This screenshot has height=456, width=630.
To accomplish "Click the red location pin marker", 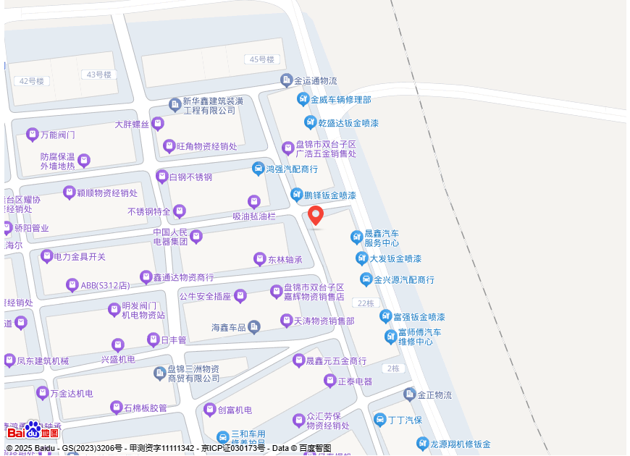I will [x=316, y=215].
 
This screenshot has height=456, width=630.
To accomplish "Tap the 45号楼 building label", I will [x=261, y=59].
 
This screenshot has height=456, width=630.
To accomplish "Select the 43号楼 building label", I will [x=98, y=75].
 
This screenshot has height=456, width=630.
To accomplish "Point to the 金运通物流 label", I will [x=315, y=80].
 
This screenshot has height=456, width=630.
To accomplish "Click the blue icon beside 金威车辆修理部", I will [x=303, y=99].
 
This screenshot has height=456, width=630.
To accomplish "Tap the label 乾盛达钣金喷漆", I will [x=348, y=123].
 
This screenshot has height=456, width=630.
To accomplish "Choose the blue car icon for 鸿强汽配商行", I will [x=258, y=169].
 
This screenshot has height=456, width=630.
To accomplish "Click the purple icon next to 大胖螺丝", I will [x=158, y=124].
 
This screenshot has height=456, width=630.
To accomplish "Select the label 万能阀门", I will [x=58, y=135].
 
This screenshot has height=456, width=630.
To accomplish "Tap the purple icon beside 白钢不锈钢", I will [x=161, y=177].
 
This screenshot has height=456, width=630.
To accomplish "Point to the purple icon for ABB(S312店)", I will [x=72, y=285].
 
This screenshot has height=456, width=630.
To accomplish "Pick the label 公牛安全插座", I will [x=205, y=296].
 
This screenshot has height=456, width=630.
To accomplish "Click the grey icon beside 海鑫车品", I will [x=254, y=327].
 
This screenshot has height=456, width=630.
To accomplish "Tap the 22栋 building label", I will [x=365, y=303].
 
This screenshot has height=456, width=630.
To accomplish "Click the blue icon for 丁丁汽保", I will [x=380, y=420].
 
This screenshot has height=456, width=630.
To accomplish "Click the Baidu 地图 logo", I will [x=33, y=432].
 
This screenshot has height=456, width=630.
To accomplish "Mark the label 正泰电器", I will [x=356, y=381].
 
